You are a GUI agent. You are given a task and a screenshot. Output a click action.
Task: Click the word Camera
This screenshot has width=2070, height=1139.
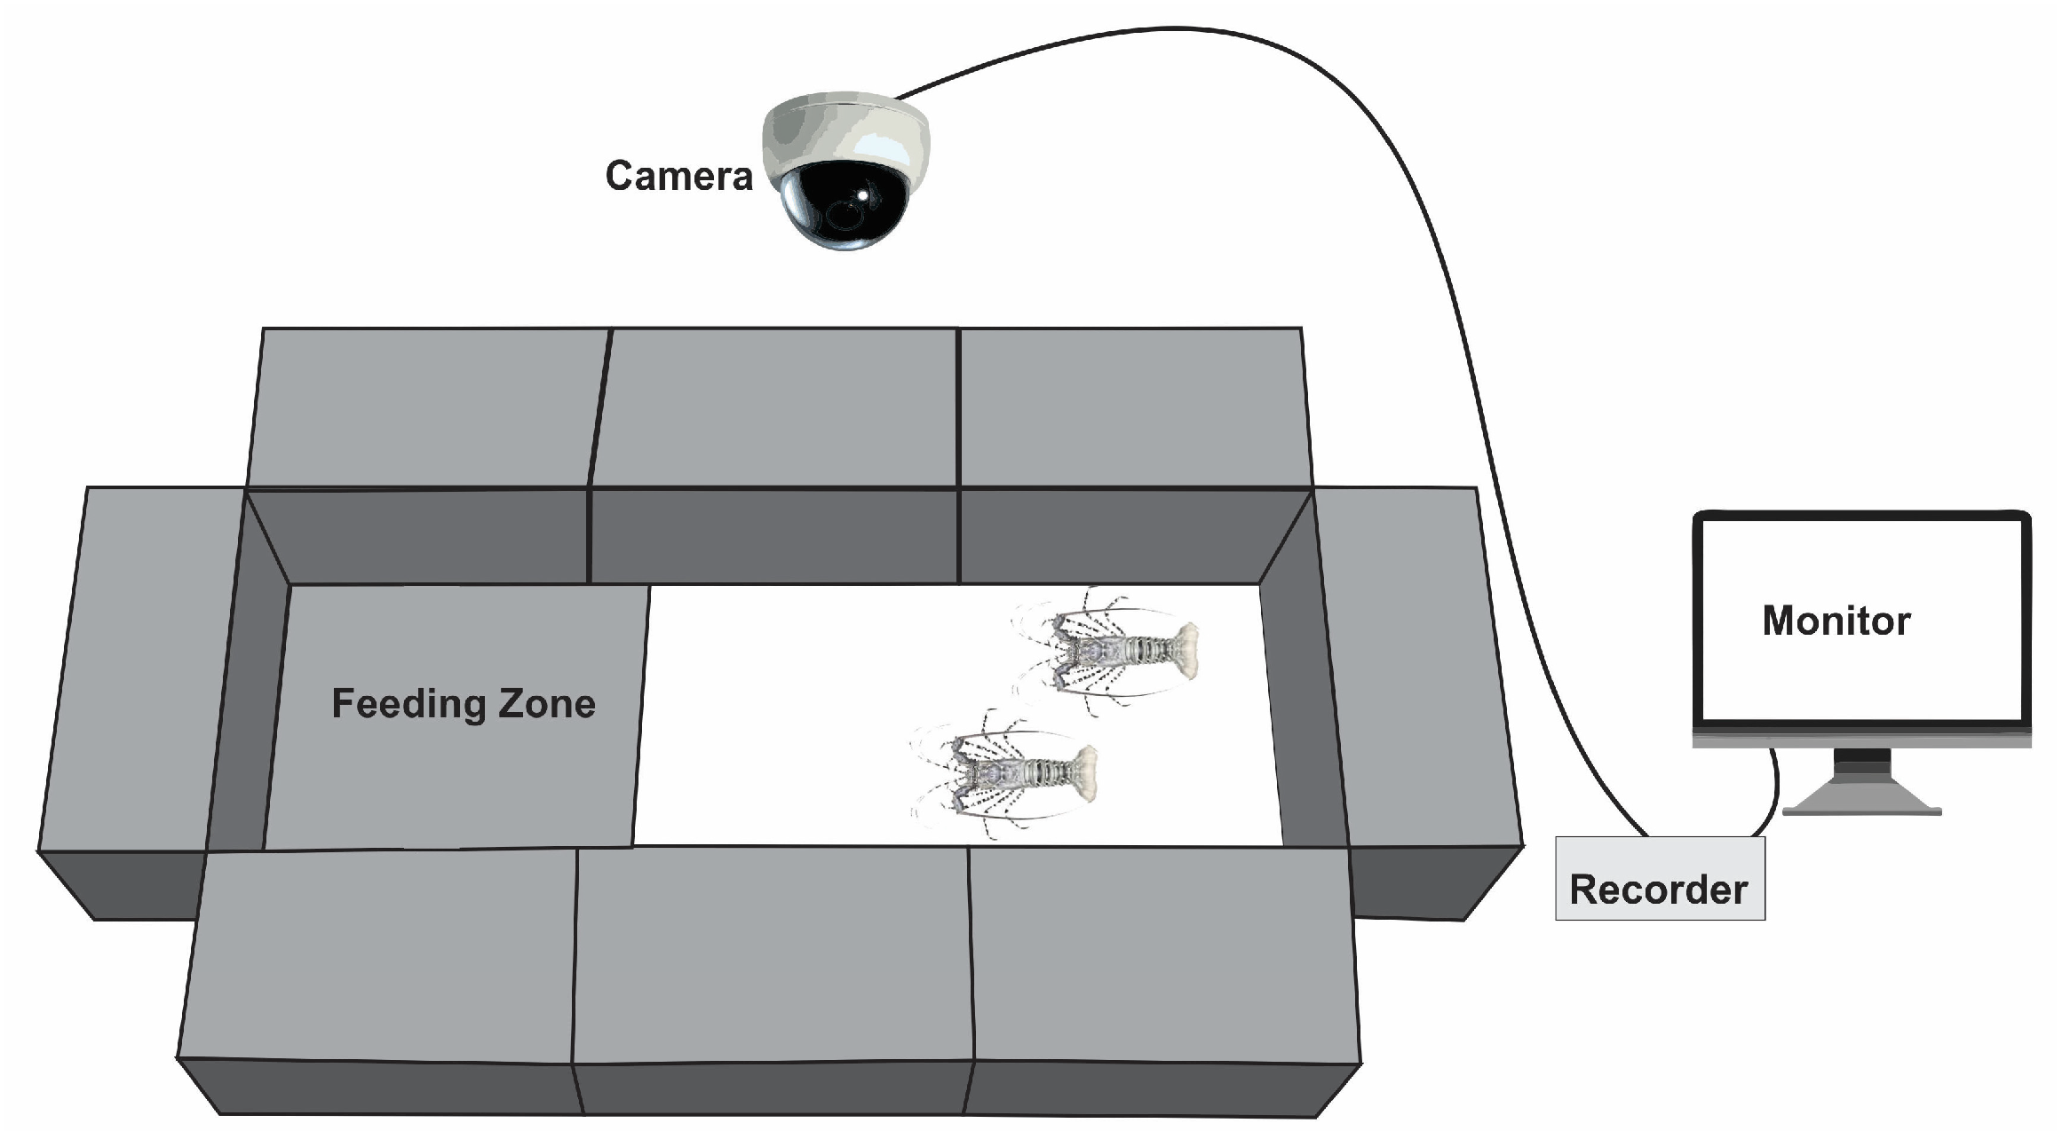click(x=678, y=176)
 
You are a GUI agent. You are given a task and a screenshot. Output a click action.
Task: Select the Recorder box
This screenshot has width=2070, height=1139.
click(x=1659, y=878)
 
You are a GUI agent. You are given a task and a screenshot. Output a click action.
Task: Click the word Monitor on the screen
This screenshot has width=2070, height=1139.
click(x=1836, y=621)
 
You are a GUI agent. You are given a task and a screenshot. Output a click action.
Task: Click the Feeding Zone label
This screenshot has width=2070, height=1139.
click(x=463, y=703)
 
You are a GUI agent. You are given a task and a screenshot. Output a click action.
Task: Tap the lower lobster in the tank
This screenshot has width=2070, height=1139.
click(x=1008, y=772)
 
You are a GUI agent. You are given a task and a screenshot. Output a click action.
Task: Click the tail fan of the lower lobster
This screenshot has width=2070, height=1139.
click(x=1079, y=772)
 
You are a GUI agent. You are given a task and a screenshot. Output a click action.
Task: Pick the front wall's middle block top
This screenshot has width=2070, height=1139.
click(x=773, y=954)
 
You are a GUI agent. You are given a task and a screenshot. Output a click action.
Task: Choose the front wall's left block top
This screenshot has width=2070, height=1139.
click(x=382, y=954)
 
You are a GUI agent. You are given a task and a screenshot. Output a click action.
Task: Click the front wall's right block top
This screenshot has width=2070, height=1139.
click(x=1163, y=954)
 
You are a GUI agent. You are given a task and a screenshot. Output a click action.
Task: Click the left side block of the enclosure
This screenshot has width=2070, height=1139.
click(x=133, y=666)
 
